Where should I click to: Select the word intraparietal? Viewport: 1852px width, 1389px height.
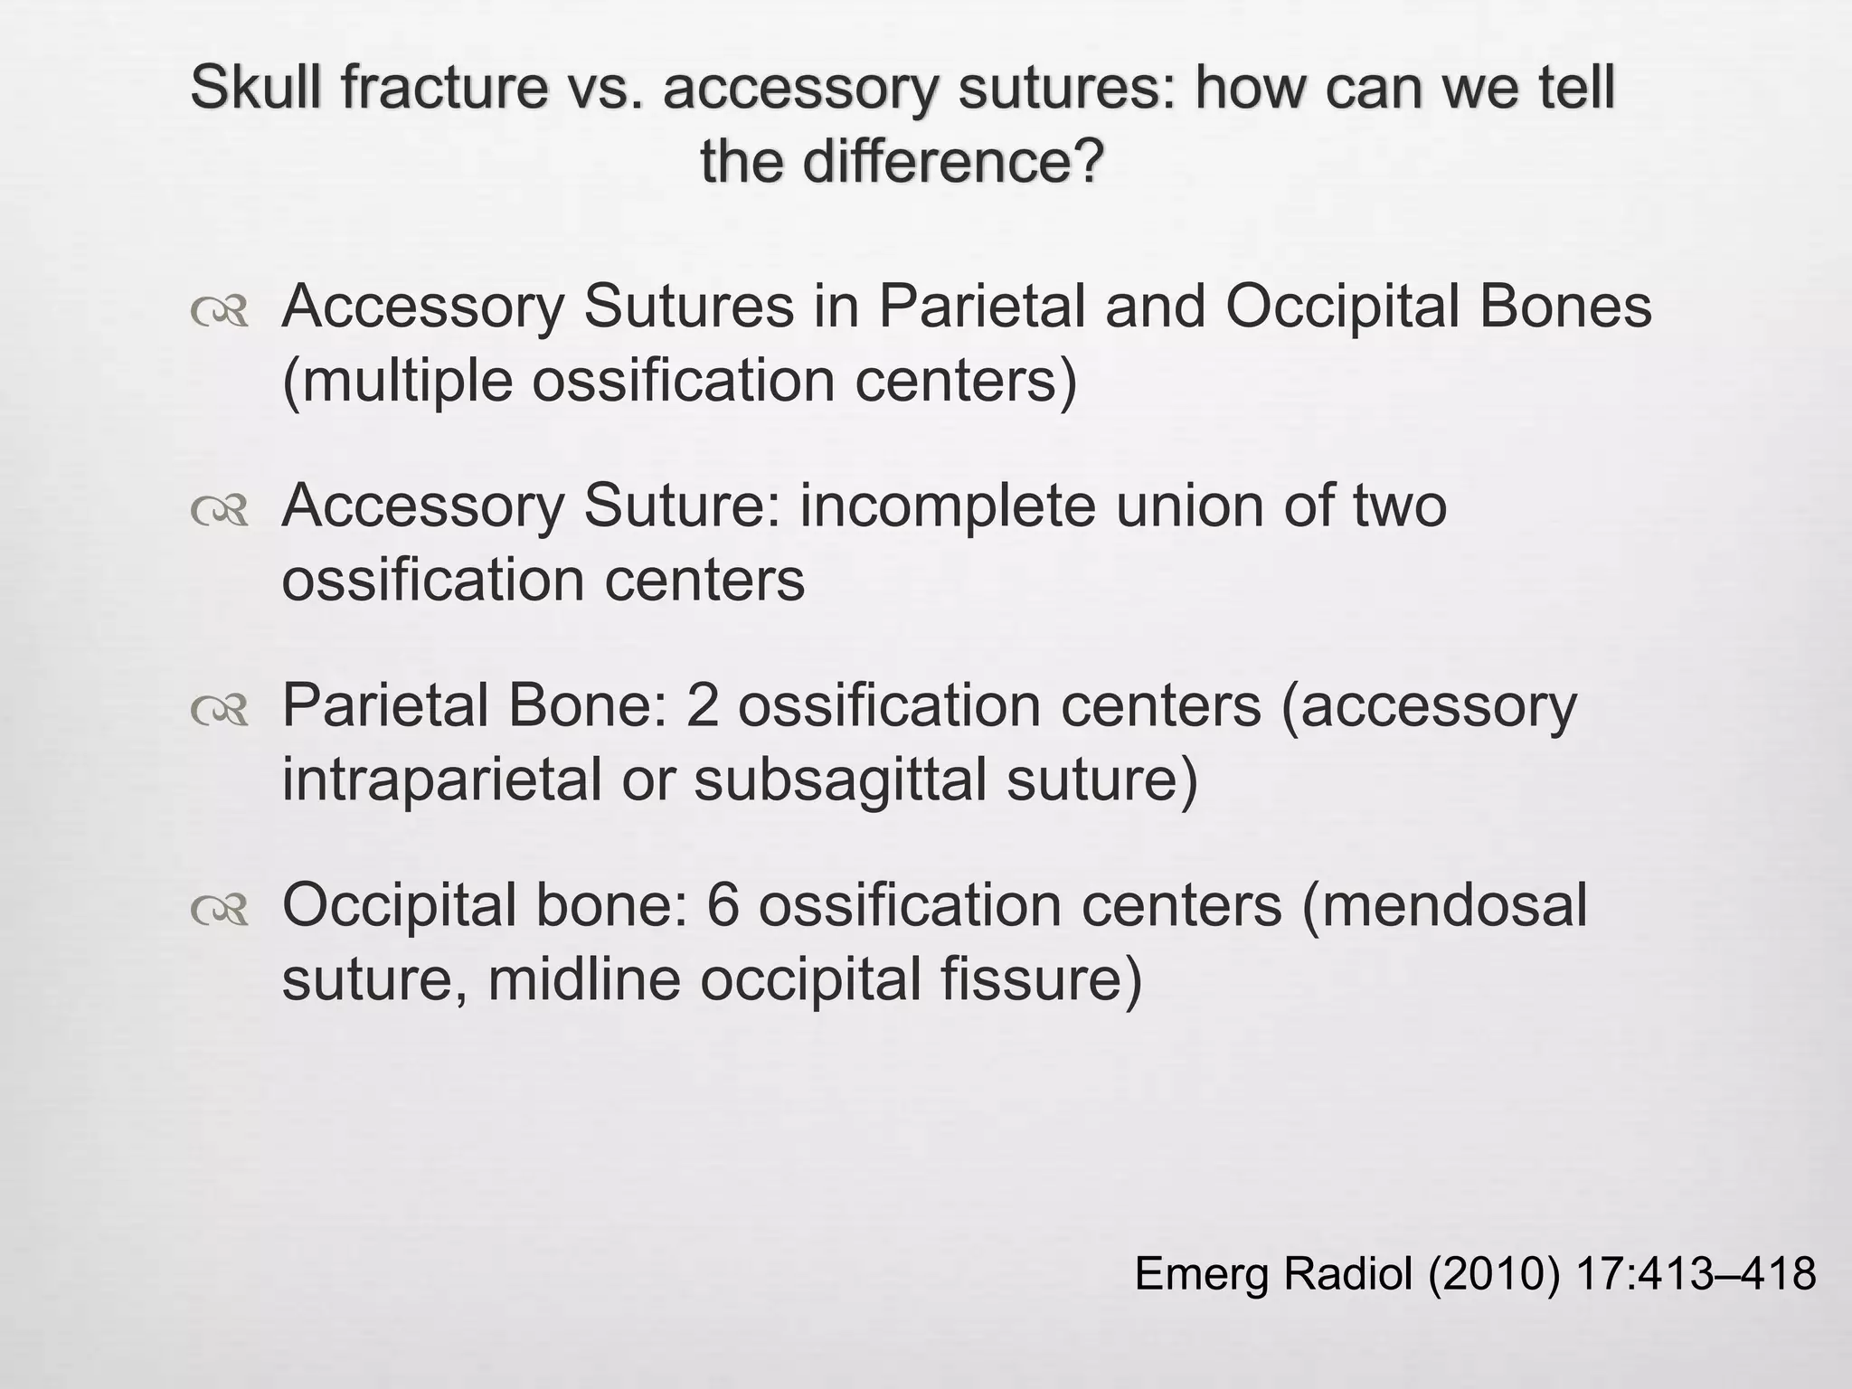pos(440,780)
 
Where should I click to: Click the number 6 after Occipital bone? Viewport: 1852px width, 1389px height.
pos(723,905)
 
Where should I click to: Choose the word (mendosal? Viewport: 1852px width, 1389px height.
pos(1444,905)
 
